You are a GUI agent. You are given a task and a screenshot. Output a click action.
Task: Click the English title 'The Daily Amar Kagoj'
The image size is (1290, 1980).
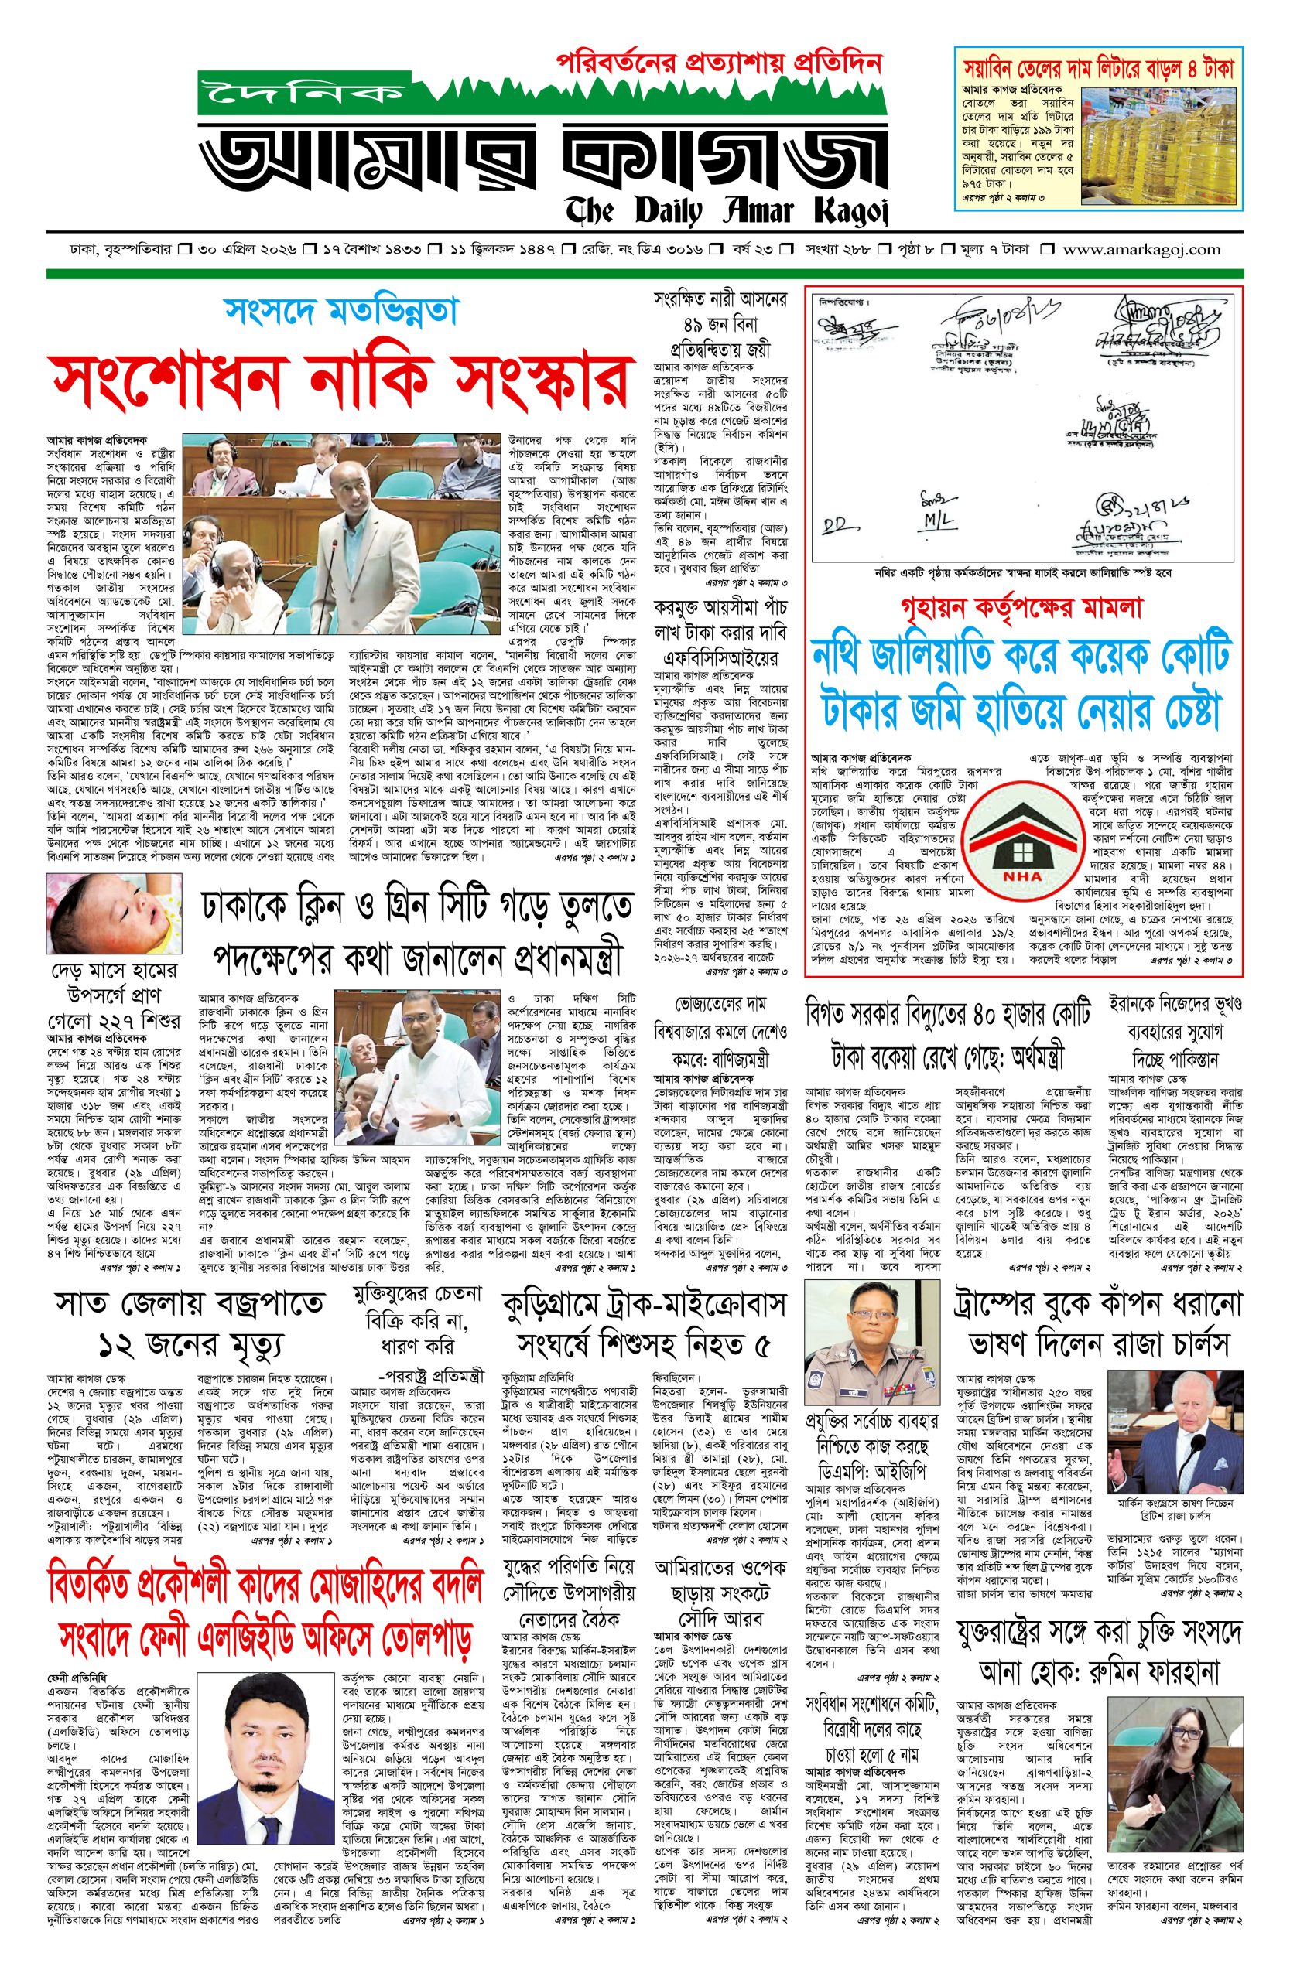click(727, 210)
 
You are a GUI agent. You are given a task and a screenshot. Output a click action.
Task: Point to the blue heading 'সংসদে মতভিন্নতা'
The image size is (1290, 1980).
click(340, 311)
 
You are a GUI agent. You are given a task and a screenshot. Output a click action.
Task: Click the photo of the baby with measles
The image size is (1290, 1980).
click(113, 911)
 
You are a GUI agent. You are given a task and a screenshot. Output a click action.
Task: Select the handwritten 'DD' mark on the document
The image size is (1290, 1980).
click(832, 526)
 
